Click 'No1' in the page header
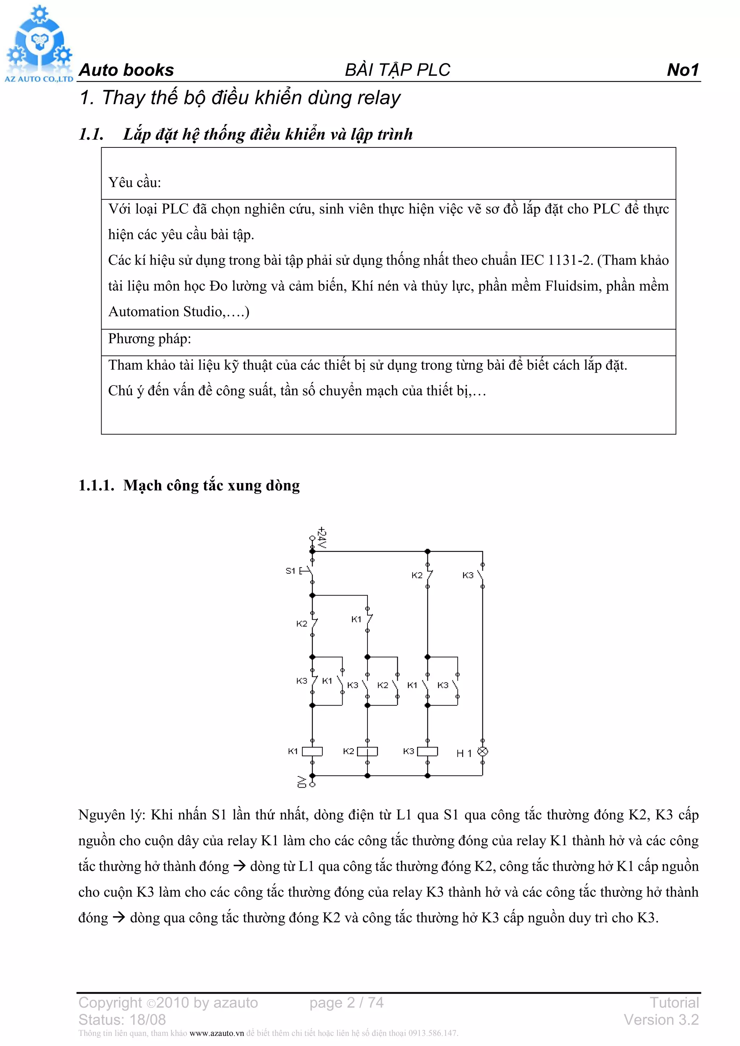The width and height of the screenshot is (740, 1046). [x=682, y=70]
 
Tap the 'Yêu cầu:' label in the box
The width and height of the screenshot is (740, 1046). [x=134, y=183]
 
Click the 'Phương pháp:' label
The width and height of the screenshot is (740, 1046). [x=150, y=339]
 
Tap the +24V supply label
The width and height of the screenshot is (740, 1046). [x=322, y=538]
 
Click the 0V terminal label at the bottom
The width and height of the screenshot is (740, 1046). [x=302, y=782]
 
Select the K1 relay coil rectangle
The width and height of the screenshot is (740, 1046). [x=313, y=751]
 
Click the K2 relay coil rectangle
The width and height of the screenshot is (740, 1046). [x=367, y=751]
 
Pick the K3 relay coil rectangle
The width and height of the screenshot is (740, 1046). [x=427, y=751]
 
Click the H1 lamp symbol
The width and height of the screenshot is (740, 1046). [x=482, y=751]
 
